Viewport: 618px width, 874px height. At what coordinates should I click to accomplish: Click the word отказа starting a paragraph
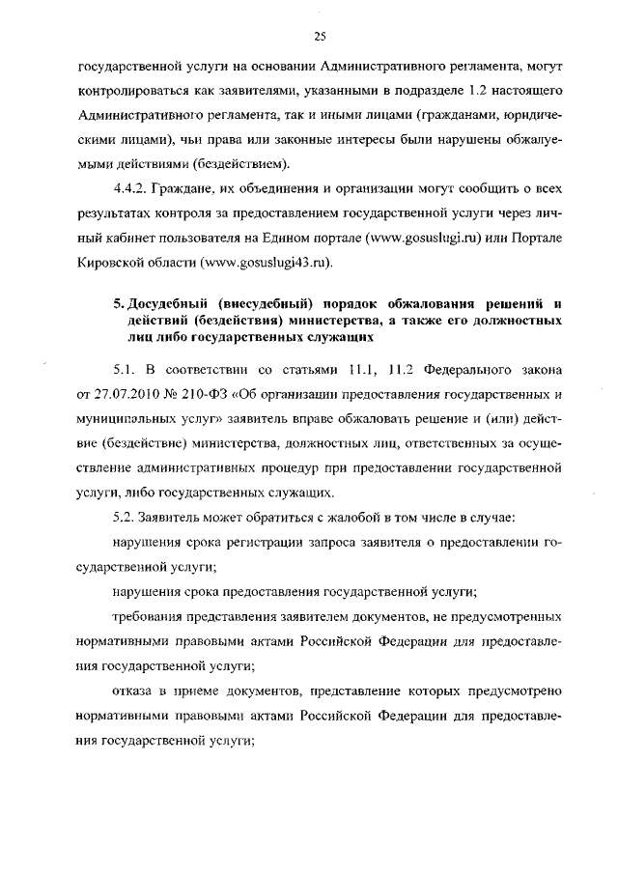(134, 691)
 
